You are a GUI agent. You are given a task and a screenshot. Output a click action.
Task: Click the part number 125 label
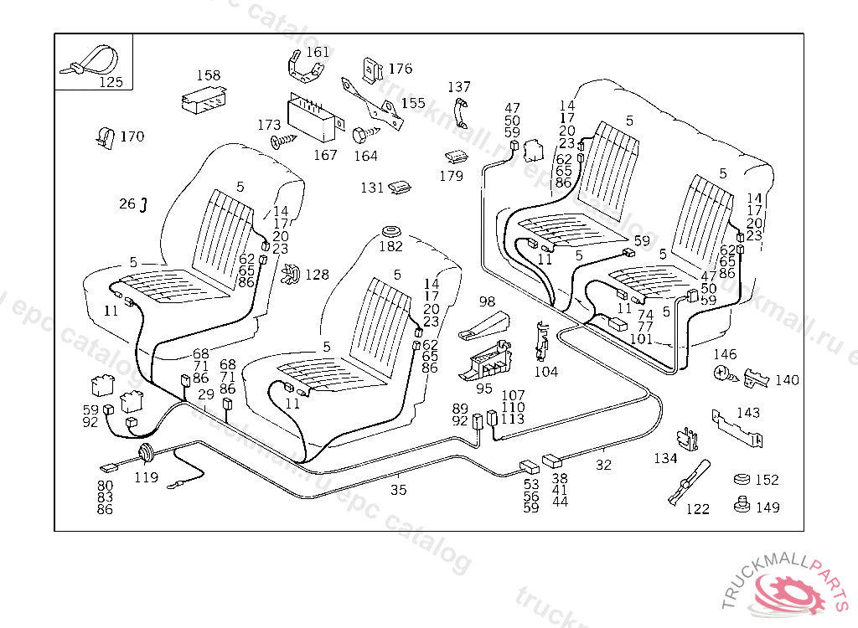[111, 82]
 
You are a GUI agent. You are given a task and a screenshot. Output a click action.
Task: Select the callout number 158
[209, 75]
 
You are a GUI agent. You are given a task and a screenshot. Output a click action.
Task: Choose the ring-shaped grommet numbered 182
[390, 230]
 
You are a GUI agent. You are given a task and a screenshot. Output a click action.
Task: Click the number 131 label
[372, 188]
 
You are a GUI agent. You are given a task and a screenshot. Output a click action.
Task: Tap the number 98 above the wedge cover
[487, 301]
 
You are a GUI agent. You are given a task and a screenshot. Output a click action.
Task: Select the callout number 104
[545, 371]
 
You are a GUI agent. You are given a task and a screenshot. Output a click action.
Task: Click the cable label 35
[398, 490]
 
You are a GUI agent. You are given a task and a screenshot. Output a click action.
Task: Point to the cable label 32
[603, 465]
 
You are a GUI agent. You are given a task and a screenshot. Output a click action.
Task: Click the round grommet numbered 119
[146, 456]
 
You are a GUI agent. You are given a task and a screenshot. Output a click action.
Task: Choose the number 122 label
[697, 508]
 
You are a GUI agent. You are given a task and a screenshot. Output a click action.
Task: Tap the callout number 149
[768, 507]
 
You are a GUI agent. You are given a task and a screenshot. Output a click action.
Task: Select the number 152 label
[767, 480]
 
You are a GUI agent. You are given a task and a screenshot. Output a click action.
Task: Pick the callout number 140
[787, 379]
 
